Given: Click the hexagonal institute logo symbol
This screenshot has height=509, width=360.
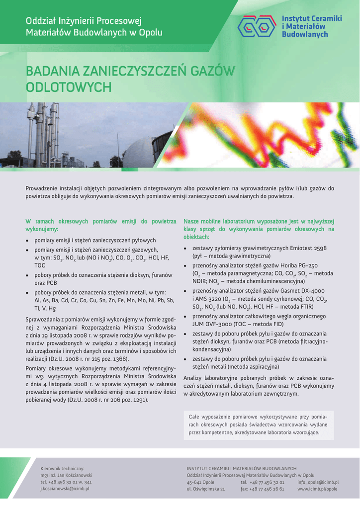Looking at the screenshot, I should pos(258,26).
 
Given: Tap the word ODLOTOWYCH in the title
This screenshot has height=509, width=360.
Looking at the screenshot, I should pos(68,87).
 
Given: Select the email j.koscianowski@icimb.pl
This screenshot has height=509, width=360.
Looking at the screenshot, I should pos(65,489).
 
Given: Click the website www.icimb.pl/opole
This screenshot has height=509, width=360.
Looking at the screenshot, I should pos(317,489).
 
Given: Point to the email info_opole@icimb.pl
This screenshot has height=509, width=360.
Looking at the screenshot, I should pos(318,482).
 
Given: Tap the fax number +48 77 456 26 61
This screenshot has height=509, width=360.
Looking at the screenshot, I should pos(262,489).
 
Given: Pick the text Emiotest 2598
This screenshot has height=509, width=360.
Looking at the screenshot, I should pos(308,248).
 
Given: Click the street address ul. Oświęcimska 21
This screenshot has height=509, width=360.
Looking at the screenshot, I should pos(206,489).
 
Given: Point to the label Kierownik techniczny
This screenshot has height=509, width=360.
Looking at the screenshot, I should pos(62,468).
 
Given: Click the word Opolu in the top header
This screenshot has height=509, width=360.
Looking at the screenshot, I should pos(151,32).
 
